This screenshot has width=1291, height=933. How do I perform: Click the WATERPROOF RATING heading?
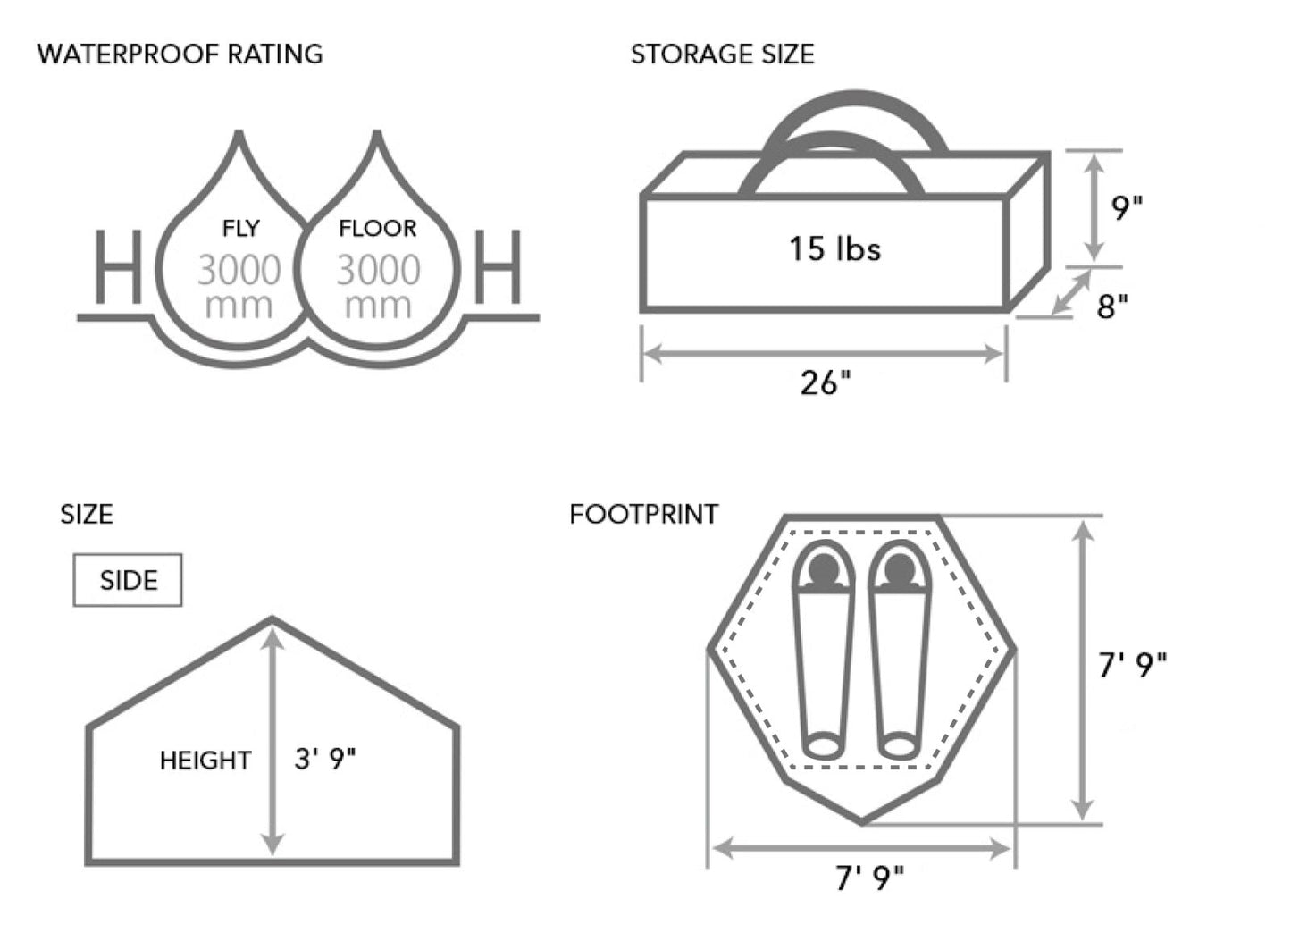tap(180, 54)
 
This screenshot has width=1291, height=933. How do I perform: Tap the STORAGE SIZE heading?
tap(722, 55)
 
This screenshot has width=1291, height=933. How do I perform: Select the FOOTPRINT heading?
tap(643, 515)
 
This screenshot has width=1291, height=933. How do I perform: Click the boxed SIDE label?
tap(128, 580)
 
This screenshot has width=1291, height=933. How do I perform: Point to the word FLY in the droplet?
tap(240, 229)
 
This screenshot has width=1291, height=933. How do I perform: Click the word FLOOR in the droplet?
tap(377, 229)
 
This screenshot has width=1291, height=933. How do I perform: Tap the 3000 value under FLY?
tap(239, 270)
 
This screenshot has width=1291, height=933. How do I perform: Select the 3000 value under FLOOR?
tap(378, 270)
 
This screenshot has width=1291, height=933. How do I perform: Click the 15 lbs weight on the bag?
tap(834, 248)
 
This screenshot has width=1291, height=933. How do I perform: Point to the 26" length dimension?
tap(825, 383)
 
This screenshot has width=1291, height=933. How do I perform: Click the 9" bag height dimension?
tap(1127, 208)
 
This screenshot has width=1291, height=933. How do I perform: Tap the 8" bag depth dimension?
tap(1112, 307)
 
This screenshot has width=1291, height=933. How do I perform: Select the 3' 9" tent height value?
tap(325, 759)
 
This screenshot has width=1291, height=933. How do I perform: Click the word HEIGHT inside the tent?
tap(205, 761)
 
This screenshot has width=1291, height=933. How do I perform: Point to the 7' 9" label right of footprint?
tap(1132, 665)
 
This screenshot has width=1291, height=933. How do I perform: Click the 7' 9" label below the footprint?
tap(869, 879)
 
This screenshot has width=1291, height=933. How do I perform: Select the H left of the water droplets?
tap(118, 267)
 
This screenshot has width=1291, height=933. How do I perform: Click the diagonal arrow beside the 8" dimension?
tap(1071, 292)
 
